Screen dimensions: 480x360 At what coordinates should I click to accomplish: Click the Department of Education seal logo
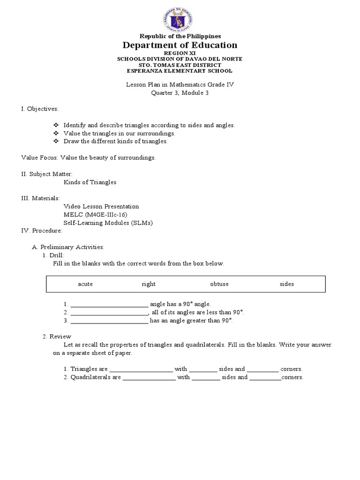(180, 17)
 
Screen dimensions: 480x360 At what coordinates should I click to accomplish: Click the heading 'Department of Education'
(180, 45)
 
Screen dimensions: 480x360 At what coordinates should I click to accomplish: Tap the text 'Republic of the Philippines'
(180, 36)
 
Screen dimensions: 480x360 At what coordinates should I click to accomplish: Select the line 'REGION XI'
(180, 53)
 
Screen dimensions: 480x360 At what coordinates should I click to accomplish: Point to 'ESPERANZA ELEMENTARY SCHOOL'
(180, 71)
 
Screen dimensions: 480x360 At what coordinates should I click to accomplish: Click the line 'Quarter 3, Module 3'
(180, 93)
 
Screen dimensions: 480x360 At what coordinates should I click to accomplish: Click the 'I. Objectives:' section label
(40, 109)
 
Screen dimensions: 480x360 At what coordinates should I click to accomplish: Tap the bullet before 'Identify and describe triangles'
(56, 125)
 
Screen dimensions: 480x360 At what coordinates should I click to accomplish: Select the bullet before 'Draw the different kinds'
(56, 141)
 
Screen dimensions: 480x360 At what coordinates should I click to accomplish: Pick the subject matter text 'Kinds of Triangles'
(90, 182)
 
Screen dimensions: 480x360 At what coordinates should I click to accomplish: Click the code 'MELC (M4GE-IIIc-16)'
(96, 215)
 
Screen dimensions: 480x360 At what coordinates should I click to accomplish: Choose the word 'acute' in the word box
(85, 284)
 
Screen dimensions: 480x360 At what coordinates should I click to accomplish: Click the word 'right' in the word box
(149, 284)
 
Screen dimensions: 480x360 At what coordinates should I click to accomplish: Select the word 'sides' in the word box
(287, 284)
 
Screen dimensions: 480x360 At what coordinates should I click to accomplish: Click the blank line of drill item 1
(109, 305)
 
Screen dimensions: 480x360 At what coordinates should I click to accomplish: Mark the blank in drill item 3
(109, 321)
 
